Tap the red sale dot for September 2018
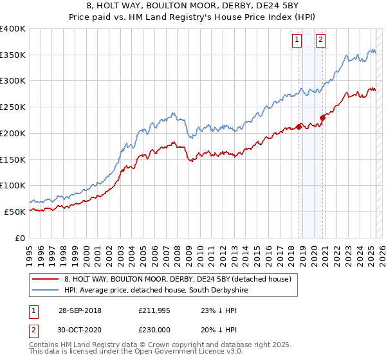pyautogui.click(x=299, y=126)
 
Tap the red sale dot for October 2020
pyautogui.click(x=323, y=117)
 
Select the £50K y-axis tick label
pyautogui.click(x=15, y=212)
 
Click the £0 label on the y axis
pyautogui.click(x=21, y=238)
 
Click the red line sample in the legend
pyautogui.click(x=45, y=279)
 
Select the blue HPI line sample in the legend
pyautogui.click(x=45, y=291)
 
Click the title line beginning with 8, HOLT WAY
pyautogui.click(x=193, y=7)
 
